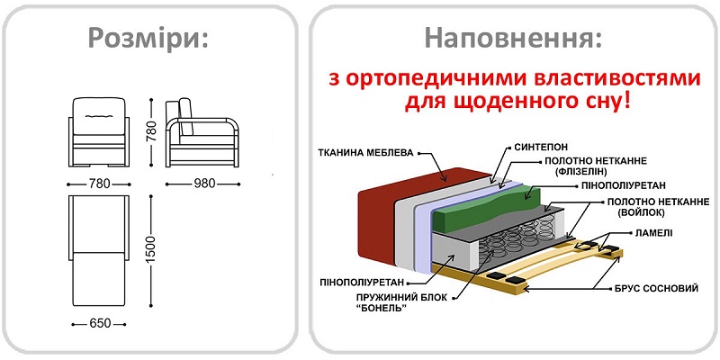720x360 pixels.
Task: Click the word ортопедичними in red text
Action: pos(423,79)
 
